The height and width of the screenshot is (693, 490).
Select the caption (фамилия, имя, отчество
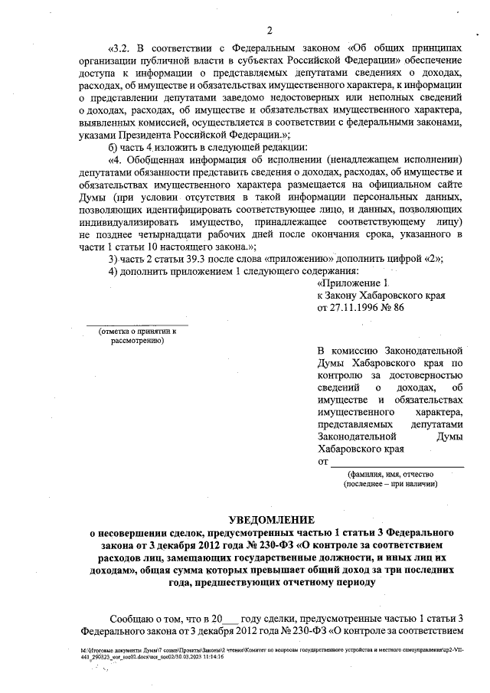[x=390, y=475]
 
